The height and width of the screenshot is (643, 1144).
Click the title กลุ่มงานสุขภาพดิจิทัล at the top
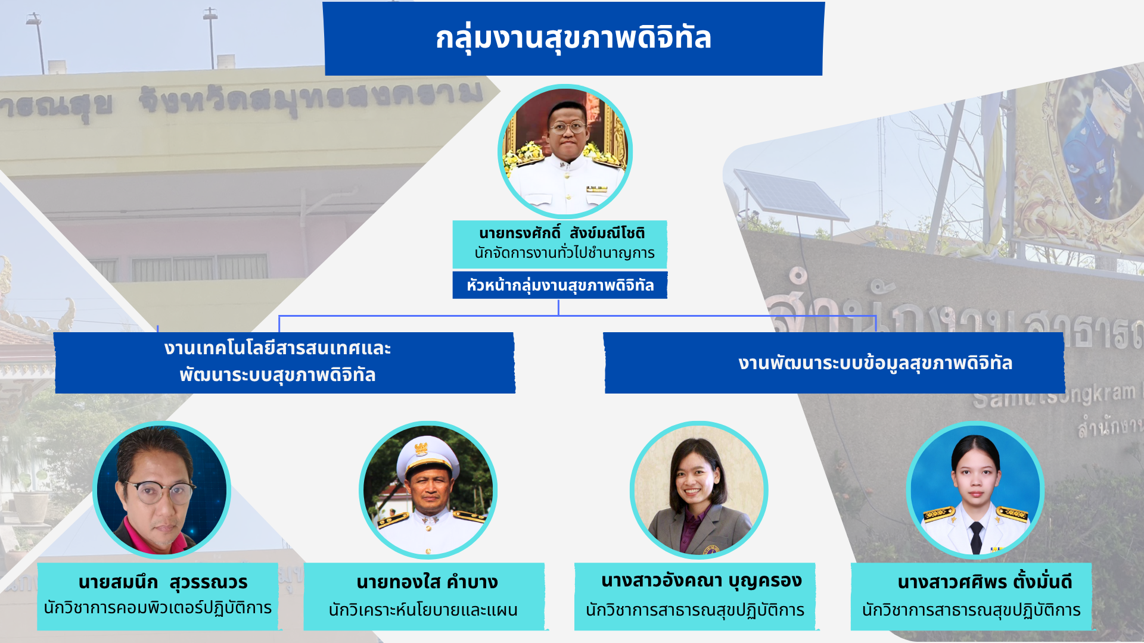point(573,38)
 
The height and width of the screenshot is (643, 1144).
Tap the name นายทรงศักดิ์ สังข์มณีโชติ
point(561,233)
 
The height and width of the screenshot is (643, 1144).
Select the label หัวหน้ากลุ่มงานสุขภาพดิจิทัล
point(560,285)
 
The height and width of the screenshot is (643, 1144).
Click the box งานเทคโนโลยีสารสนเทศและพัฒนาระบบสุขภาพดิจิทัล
point(285,363)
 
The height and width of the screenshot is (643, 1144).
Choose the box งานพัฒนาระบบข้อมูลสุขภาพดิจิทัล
point(834,363)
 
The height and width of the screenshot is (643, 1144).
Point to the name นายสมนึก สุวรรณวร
point(163,582)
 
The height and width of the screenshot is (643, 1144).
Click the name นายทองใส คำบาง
point(427,582)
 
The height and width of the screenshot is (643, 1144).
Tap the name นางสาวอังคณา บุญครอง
point(701,580)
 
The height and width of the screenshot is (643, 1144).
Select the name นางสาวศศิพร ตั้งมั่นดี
point(984,582)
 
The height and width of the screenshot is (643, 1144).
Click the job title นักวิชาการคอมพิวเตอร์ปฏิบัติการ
point(158,608)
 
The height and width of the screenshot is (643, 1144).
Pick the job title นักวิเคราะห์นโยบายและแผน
point(423,610)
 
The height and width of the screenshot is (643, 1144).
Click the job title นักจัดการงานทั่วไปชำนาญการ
point(564,253)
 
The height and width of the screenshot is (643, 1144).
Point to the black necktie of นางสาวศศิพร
point(976,536)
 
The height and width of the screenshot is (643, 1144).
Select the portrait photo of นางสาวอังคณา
point(699,490)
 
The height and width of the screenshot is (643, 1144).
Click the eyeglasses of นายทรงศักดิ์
point(567,127)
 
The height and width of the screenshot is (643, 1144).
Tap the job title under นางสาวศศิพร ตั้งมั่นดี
point(971,610)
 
